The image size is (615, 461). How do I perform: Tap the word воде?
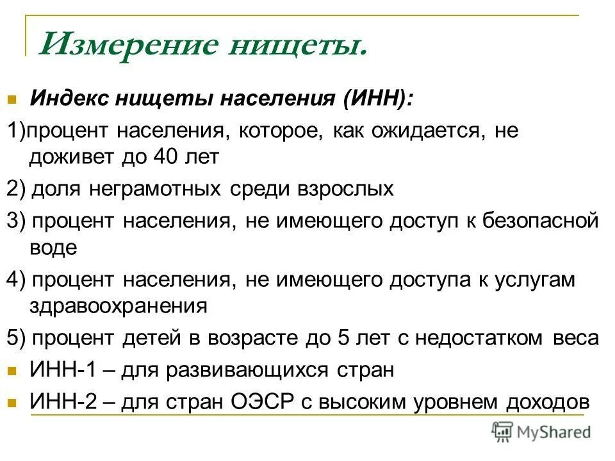[54, 248]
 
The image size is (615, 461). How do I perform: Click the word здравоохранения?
[119, 307]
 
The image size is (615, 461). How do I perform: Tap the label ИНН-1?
[59, 370]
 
